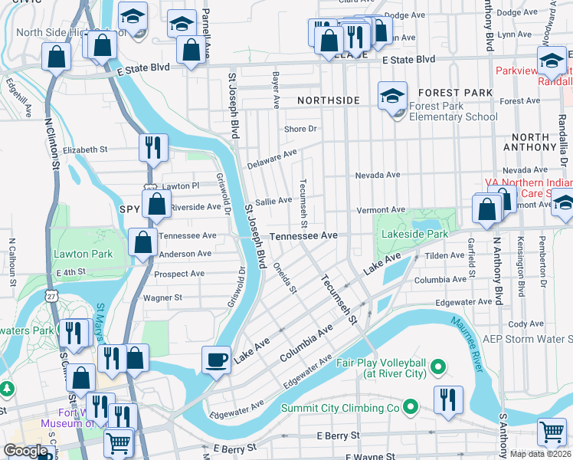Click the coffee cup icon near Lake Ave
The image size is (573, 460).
(217, 360)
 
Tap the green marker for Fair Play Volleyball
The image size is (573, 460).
(439, 368)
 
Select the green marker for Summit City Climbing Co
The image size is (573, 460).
(410, 407)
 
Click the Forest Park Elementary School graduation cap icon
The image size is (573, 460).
(392, 97)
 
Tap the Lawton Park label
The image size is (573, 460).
(83, 254)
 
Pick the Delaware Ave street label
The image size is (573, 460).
(271, 159)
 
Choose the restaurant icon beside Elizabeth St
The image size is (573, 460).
(153, 148)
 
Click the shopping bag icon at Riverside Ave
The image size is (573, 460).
(156, 205)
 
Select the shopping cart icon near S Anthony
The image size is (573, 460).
(552, 433)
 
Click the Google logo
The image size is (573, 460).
(25, 452)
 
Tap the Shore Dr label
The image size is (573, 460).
(301, 129)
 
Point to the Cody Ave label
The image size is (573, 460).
(526, 324)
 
